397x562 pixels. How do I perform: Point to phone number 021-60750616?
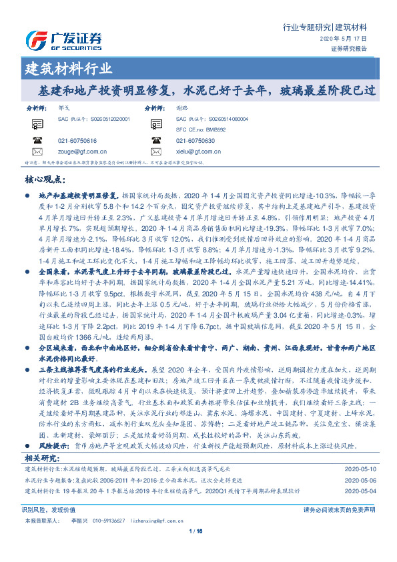77,141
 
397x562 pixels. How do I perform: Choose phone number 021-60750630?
195,141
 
